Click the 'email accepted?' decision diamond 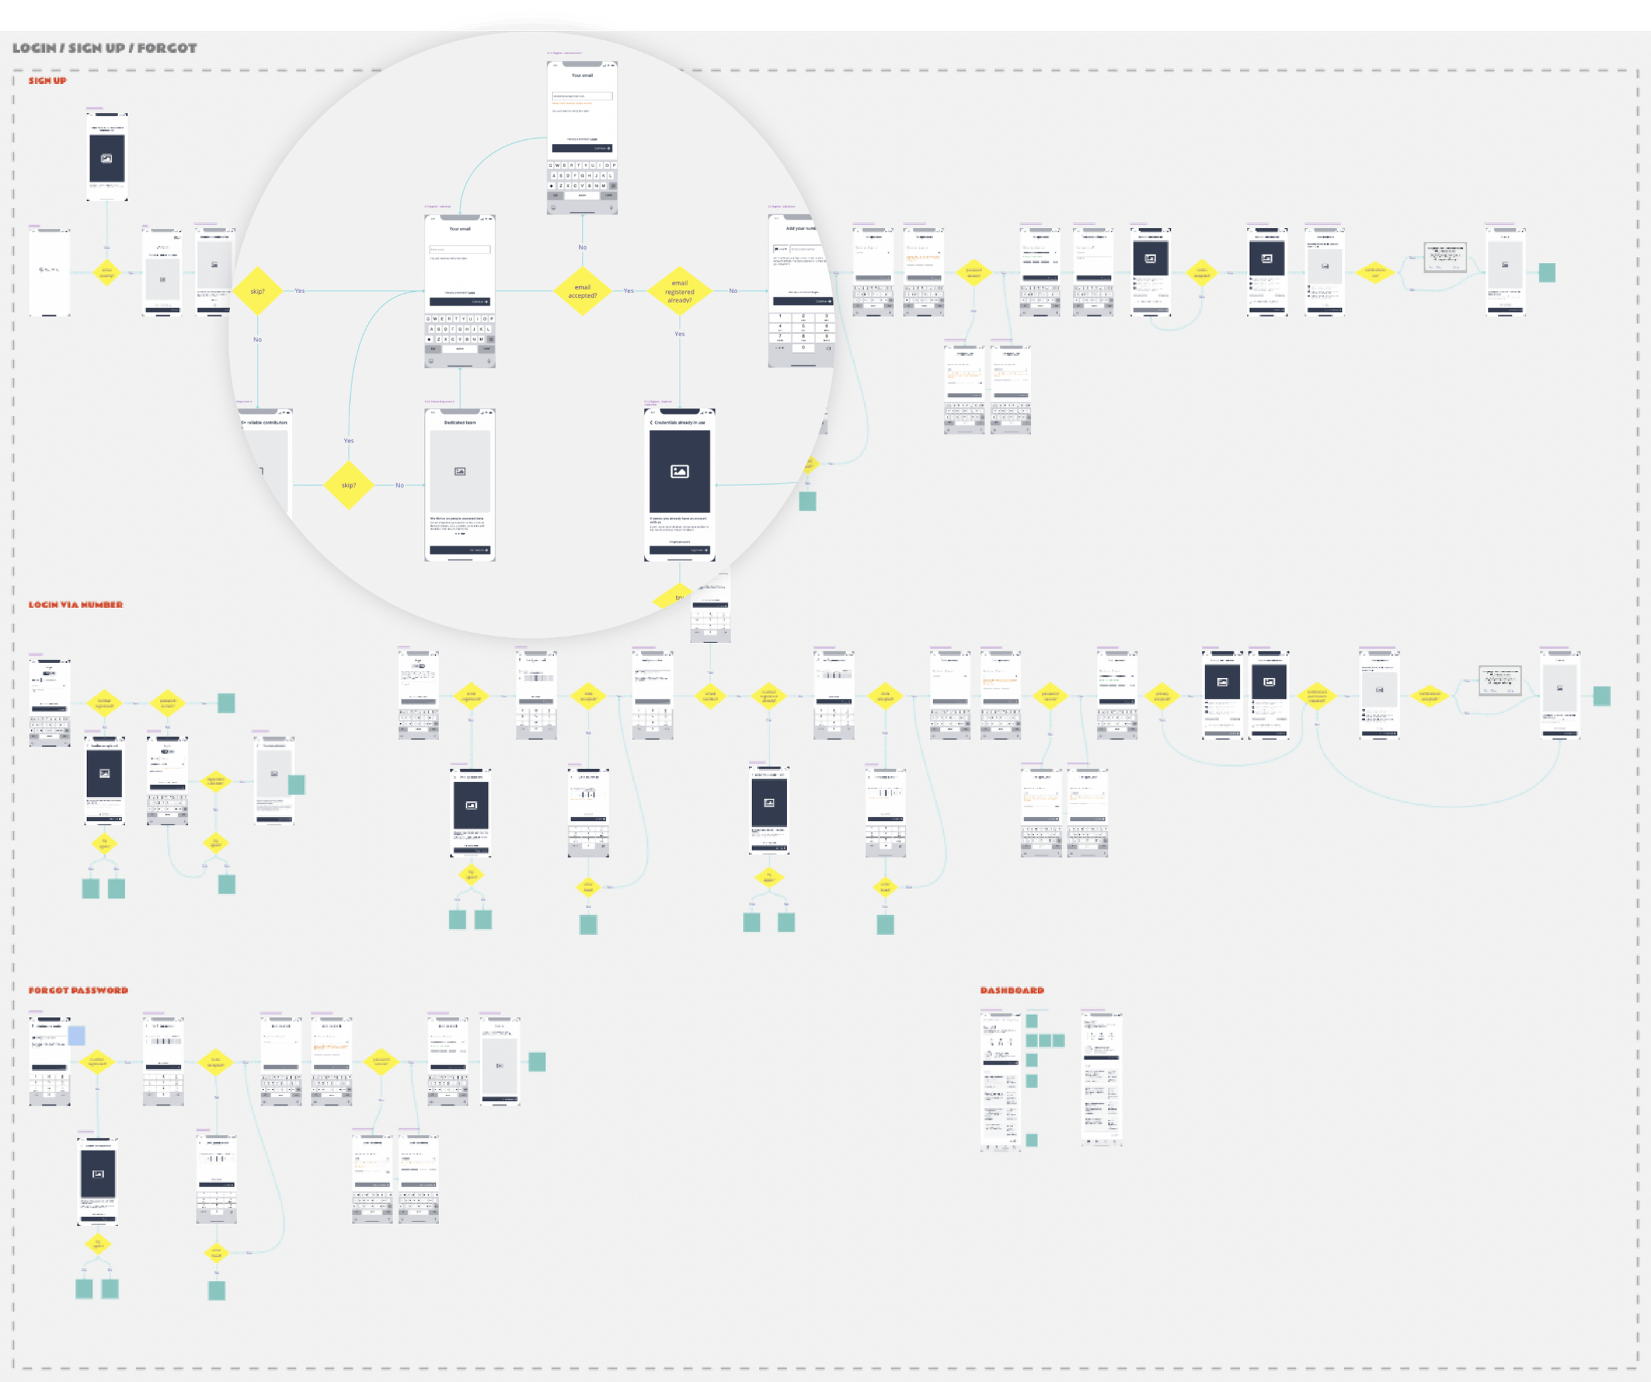(x=582, y=291)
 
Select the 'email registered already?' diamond (x=680, y=291)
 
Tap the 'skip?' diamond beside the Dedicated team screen (x=348, y=485)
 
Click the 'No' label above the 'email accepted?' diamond (x=582, y=248)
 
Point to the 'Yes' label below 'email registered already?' (x=680, y=334)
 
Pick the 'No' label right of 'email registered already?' (x=733, y=291)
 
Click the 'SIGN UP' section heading (x=47, y=80)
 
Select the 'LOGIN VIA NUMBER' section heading (x=75, y=605)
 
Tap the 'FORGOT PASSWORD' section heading (x=78, y=990)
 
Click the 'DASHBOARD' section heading (x=1012, y=990)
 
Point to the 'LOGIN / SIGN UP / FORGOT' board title (x=104, y=48)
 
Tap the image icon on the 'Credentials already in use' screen (x=680, y=471)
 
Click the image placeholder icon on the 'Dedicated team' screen (x=460, y=471)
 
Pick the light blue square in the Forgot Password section (x=76, y=1035)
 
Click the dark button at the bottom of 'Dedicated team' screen (x=460, y=550)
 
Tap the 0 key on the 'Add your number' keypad (x=802, y=347)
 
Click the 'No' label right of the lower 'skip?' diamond (x=400, y=485)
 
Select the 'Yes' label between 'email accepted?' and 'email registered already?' (x=628, y=291)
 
